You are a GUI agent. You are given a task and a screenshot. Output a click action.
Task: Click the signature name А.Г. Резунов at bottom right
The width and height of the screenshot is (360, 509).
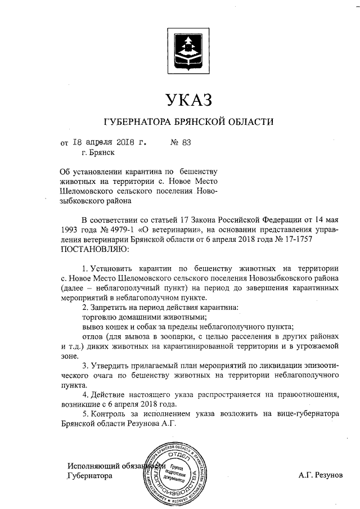(320, 476)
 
